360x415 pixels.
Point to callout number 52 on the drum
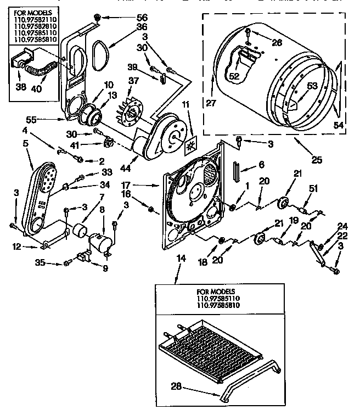pyautogui.click(x=234, y=77)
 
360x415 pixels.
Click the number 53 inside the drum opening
pyautogui.click(x=312, y=85)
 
